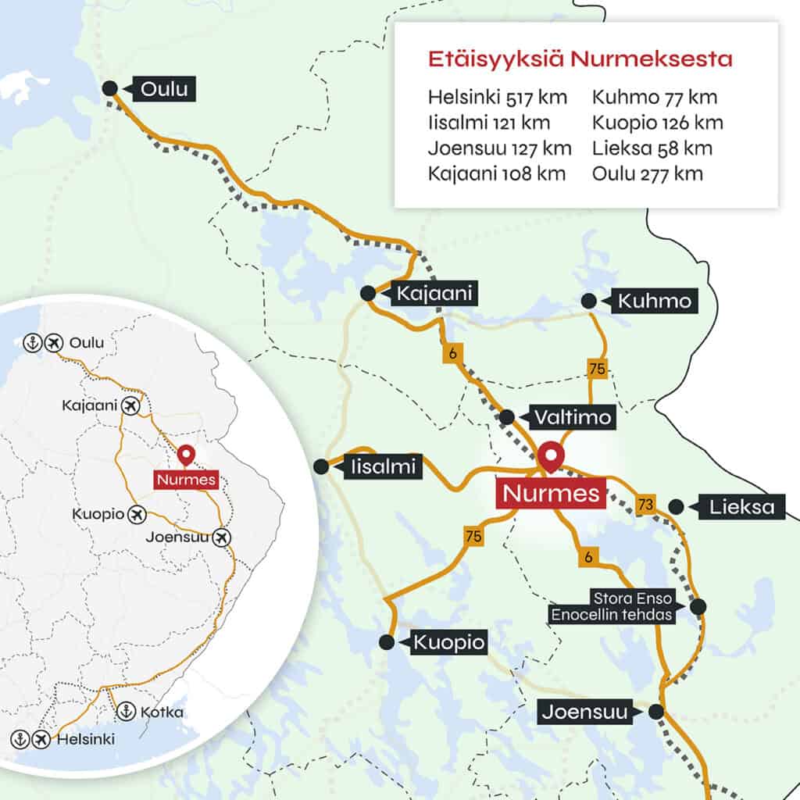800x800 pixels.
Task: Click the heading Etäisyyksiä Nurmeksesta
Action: coord(580,60)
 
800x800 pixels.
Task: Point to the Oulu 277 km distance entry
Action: coord(647,173)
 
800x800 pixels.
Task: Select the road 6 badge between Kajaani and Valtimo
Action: coord(452,353)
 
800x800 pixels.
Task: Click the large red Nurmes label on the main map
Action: coord(551,494)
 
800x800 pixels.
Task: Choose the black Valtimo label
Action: coord(573,417)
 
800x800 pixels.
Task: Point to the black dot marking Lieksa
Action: coord(677,507)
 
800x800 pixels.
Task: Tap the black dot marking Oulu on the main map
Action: coord(110,88)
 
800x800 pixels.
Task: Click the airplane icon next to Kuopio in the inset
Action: coord(137,515)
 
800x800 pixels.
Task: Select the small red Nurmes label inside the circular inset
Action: coord(186,480)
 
